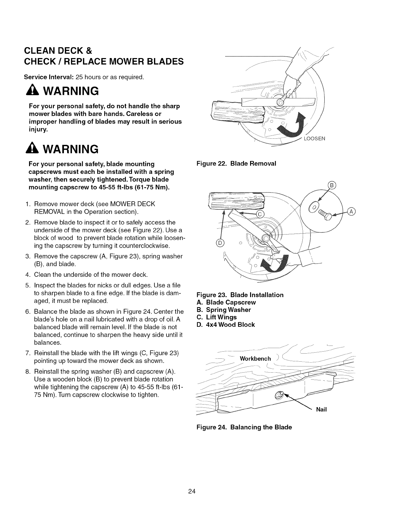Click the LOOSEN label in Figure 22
tap(314, 139)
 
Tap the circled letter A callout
tap(351, 212)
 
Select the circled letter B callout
tap(332, 185)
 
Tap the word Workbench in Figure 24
tap(255, 359)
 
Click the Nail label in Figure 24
tap(321, 409)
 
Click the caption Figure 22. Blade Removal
tap(236, 163)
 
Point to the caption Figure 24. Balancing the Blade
tap(244, 427)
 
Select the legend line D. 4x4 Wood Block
tap(226, 325)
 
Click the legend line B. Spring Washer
tap(224, 310)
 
